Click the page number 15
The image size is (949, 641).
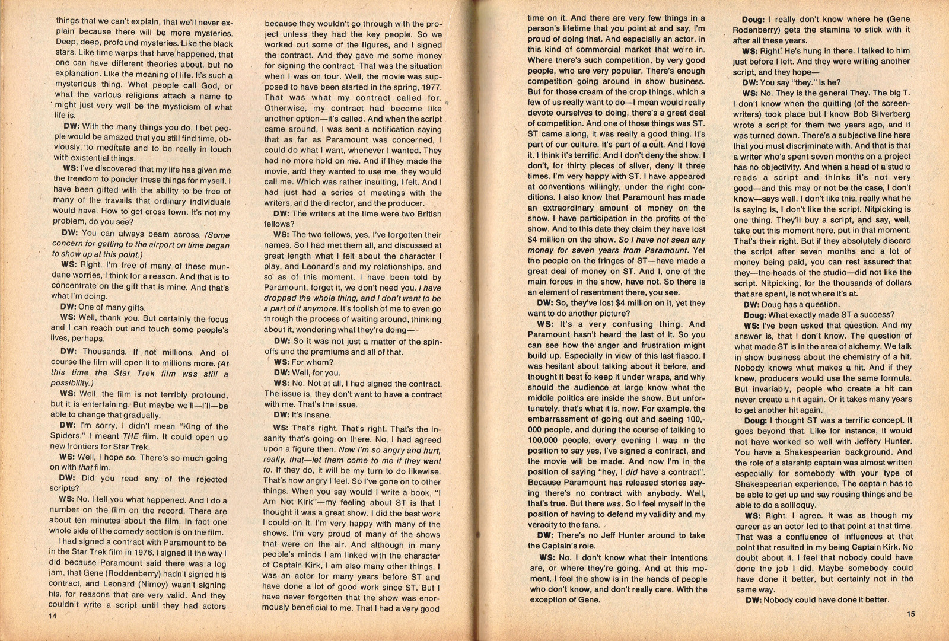910,614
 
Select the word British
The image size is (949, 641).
425,214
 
